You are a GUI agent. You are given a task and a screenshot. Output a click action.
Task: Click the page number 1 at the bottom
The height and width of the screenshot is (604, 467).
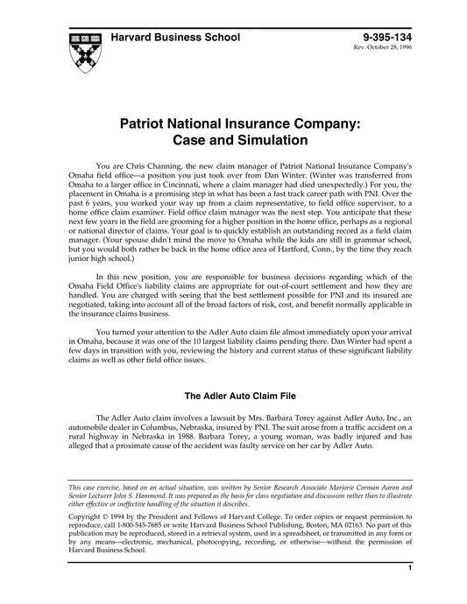click(410, 593)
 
